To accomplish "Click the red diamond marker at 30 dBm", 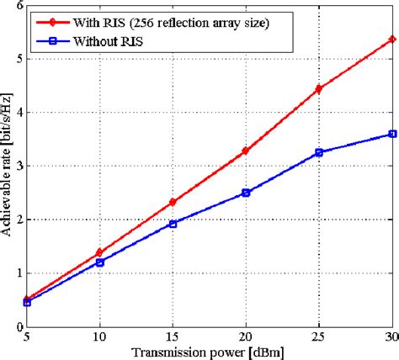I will click(x=391, y=40).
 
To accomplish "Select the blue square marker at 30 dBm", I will click(x=391, y=134).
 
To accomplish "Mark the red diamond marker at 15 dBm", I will click(x=173, y=202).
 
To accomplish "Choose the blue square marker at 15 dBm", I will click(x=173, y=224).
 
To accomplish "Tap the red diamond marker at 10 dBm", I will click(x=99, y=252).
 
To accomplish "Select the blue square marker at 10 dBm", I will click(x=99, y=262).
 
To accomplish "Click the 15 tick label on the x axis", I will click(x=173, y=337).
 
